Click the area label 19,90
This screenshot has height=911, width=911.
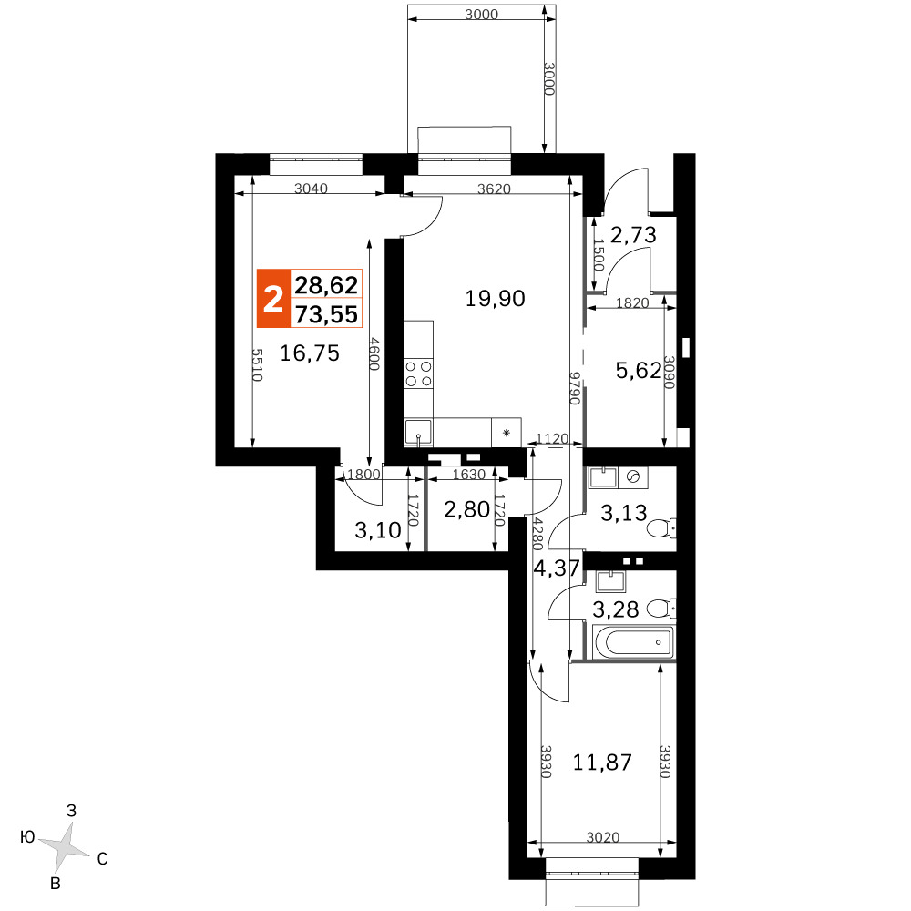(495, 299)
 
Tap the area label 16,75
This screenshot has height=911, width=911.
(310, 353)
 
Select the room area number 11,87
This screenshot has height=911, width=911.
(602, 763)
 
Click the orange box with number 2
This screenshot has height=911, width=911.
(273, 299)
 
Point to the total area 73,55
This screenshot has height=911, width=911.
(326, 314)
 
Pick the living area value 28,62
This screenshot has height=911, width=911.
(326, 285)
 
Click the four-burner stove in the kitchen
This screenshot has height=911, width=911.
(419, 374)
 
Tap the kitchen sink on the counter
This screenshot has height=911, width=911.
(418, 432)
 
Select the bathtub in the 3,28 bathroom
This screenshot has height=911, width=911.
(633, 642)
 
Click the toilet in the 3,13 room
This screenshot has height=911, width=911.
(661, 528)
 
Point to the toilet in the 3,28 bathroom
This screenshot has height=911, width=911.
(661, 609)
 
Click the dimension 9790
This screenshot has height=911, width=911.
(575, 388)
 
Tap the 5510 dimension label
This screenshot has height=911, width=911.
(257, 365)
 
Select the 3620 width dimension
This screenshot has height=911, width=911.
(494, 189)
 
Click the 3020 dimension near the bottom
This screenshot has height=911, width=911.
(602, 837)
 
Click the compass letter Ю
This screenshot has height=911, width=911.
(27, 836)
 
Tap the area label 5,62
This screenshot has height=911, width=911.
(639, 370)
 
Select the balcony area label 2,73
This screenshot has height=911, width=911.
(633, 235)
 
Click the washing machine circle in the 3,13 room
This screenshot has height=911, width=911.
(633, 477)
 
